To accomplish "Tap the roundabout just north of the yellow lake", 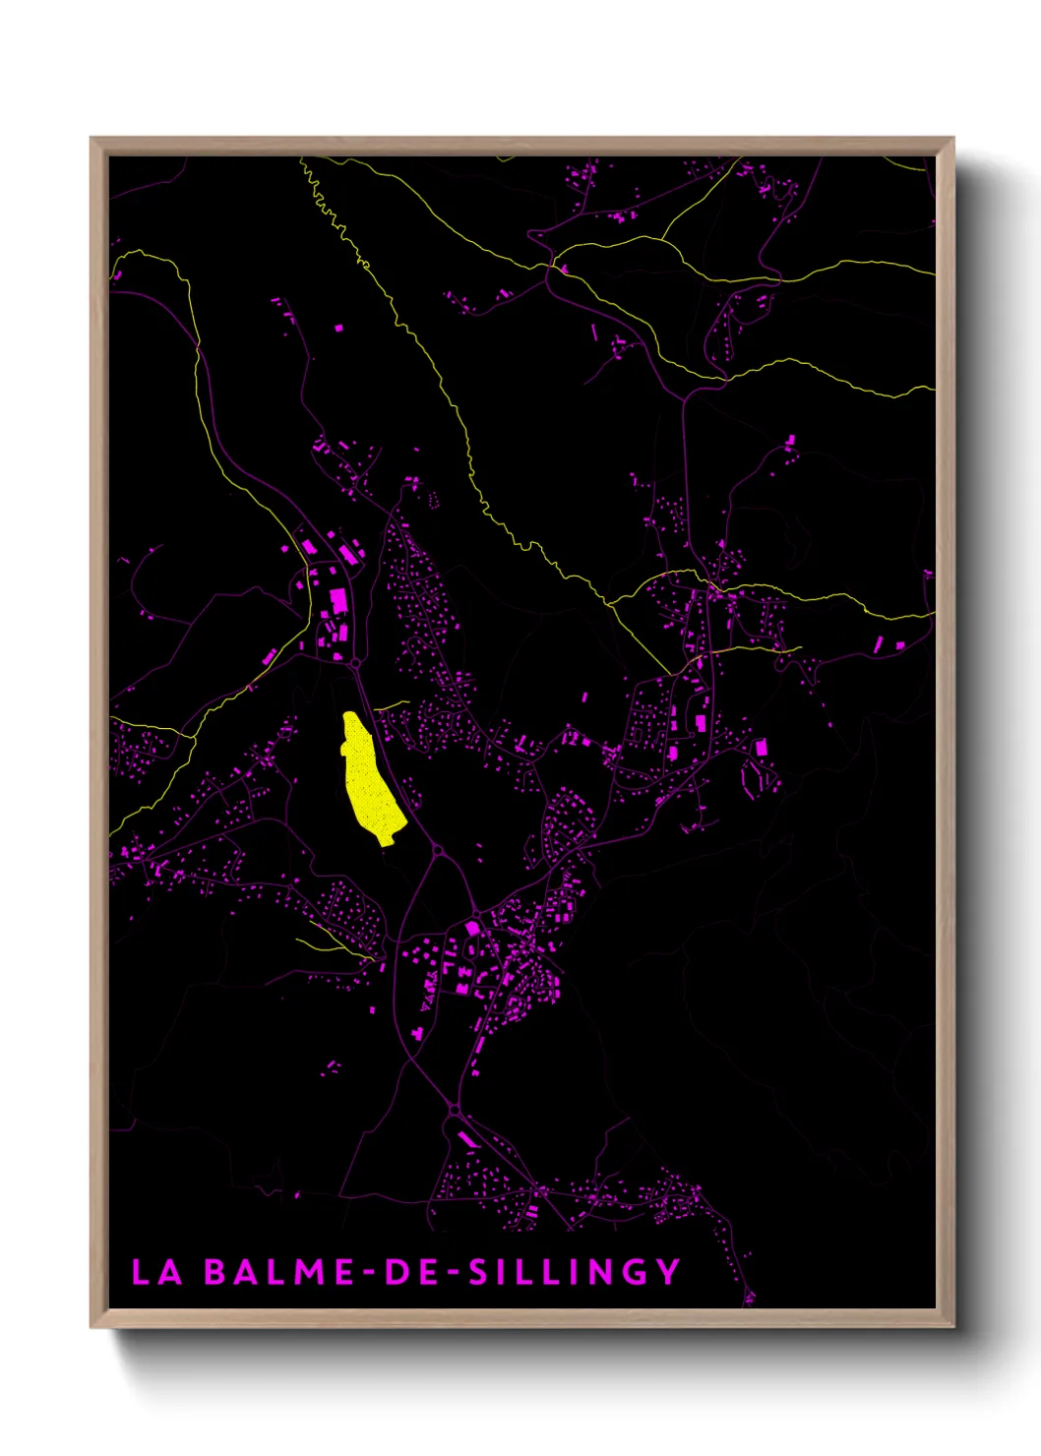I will point(355,665).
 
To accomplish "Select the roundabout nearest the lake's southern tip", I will point(437,849).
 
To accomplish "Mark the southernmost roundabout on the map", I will point(454,1111).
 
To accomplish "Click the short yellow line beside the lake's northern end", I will point(391,704).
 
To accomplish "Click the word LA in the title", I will point(157,1272).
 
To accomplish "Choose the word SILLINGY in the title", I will point(574,1272).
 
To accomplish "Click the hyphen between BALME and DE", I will point(370,1273).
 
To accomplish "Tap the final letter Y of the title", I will point(669,1272).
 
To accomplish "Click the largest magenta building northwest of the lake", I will point(337,599).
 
